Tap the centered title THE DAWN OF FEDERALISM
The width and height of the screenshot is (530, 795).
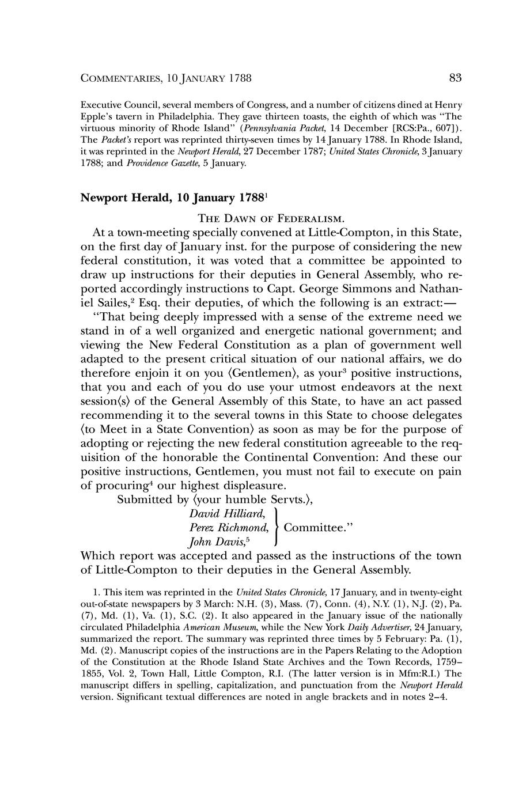pos(271,219)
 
